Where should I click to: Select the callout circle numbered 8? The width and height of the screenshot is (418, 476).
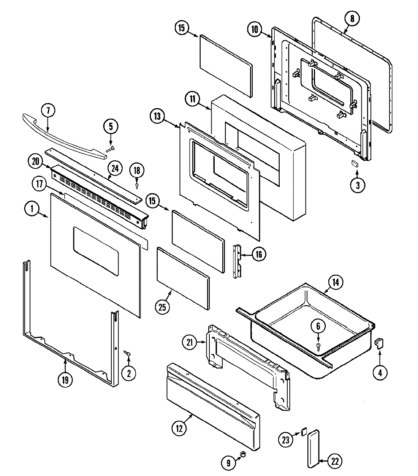click(351, 19)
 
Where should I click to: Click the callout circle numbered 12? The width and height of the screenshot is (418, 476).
click(179, 429)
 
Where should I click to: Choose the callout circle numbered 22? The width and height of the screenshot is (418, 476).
click(335, 461)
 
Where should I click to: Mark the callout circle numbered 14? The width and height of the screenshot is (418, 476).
click(337, 283)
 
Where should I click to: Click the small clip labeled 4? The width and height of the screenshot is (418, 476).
click(378, 343)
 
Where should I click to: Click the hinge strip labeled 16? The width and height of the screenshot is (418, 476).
click(237, 261)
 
